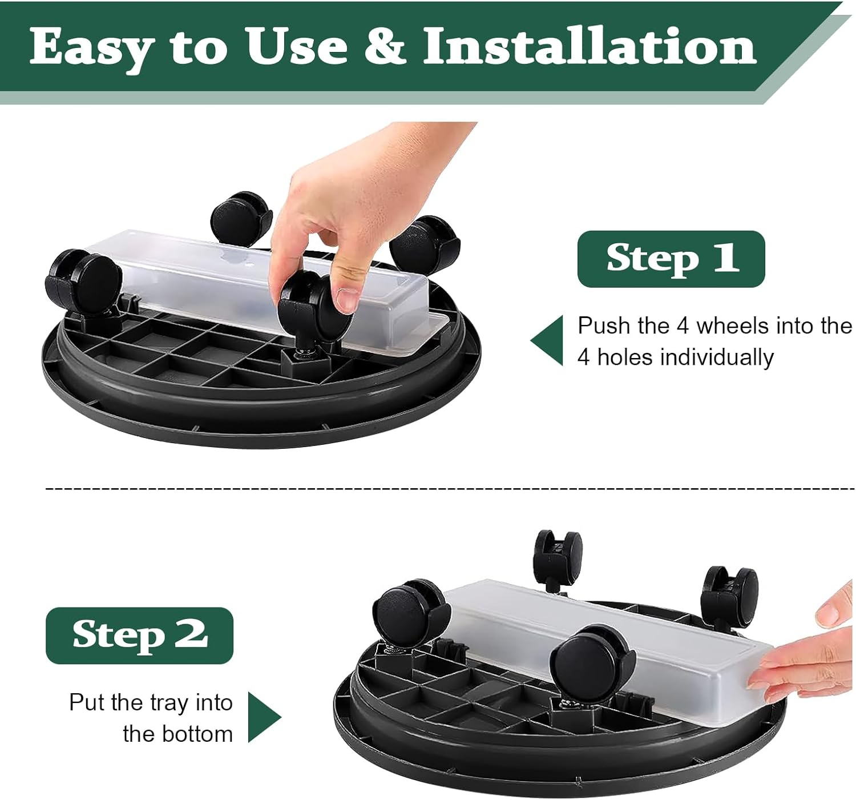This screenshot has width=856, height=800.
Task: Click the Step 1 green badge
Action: click(x=671, y=259)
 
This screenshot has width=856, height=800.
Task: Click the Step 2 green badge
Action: click(x=139, y=635)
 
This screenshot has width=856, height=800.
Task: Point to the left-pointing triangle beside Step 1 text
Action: click(x=548, y=340)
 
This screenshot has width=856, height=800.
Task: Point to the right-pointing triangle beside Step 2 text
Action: click(x=264, y=717)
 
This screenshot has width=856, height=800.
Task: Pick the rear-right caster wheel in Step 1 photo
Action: click(x=425, y=240)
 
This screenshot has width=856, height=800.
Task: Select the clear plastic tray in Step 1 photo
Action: click(x=228, y=280)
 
